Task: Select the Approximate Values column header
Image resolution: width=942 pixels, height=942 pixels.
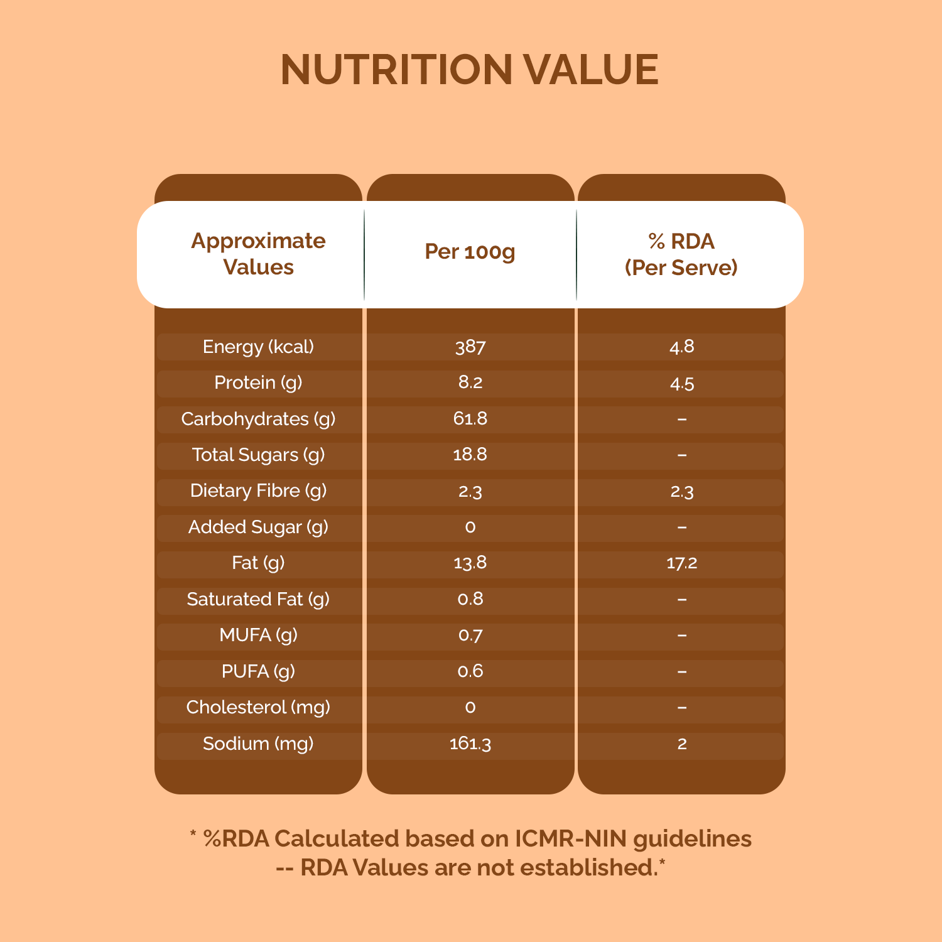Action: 258,254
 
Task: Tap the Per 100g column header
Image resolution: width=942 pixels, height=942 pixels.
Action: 470,251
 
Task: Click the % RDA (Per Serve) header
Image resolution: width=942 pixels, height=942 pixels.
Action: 681,254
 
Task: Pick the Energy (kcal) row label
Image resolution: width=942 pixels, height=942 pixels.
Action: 258,347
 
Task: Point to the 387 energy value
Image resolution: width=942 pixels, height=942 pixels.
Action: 470,347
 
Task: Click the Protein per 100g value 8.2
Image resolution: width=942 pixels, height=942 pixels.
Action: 470,382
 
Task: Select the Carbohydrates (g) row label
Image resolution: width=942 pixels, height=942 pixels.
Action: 258,419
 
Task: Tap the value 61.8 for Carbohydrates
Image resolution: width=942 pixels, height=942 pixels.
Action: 470,419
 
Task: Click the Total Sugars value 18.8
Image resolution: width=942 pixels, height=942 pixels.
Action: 470,455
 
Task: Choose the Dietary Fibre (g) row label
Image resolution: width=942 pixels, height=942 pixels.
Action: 258,490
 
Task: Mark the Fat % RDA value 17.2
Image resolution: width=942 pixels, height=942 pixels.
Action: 682,563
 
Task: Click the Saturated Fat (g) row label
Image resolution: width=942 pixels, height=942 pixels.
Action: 258,599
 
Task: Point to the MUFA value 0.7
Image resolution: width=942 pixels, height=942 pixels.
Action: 470,635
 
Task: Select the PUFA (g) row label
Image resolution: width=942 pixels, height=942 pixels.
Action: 258,671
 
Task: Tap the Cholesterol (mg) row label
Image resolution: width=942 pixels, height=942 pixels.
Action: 258,707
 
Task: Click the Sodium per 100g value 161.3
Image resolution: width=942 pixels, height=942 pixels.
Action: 470,744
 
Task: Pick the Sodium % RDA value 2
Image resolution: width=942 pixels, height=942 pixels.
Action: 682,744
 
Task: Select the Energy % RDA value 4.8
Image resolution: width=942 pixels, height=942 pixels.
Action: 682,347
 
